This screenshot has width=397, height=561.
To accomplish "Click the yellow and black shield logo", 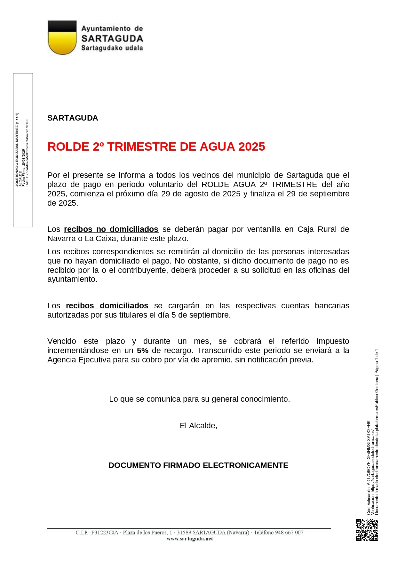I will point(62,37).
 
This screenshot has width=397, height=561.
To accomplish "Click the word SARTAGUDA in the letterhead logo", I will point(112,39).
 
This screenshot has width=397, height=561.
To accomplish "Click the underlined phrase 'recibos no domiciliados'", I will point(111,229).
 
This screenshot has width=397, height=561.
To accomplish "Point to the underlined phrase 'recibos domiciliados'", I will point(107,306).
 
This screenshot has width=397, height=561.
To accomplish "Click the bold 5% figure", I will point(142,351).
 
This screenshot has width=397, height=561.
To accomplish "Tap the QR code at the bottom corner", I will point(367,530).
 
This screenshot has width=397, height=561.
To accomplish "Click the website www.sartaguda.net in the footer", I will point(190,539).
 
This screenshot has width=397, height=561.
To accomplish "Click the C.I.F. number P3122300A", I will point(105,533).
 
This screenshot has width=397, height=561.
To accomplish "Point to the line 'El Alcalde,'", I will point(198,426).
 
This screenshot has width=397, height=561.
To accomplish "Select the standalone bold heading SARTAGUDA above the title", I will point(73,118).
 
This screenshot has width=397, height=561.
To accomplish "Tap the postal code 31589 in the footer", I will point(184,533).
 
